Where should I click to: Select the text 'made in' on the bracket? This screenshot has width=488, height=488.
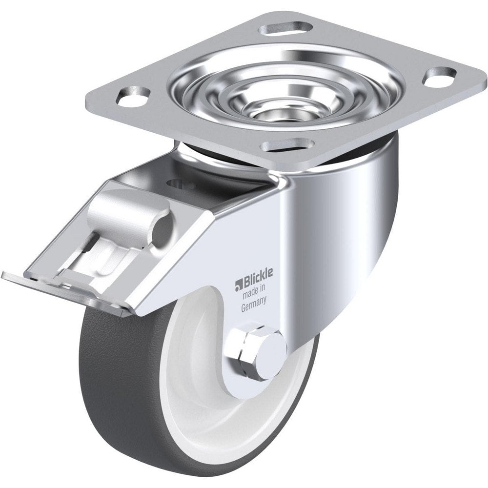(254, 294)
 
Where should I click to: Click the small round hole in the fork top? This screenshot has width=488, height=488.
(175, 183)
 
